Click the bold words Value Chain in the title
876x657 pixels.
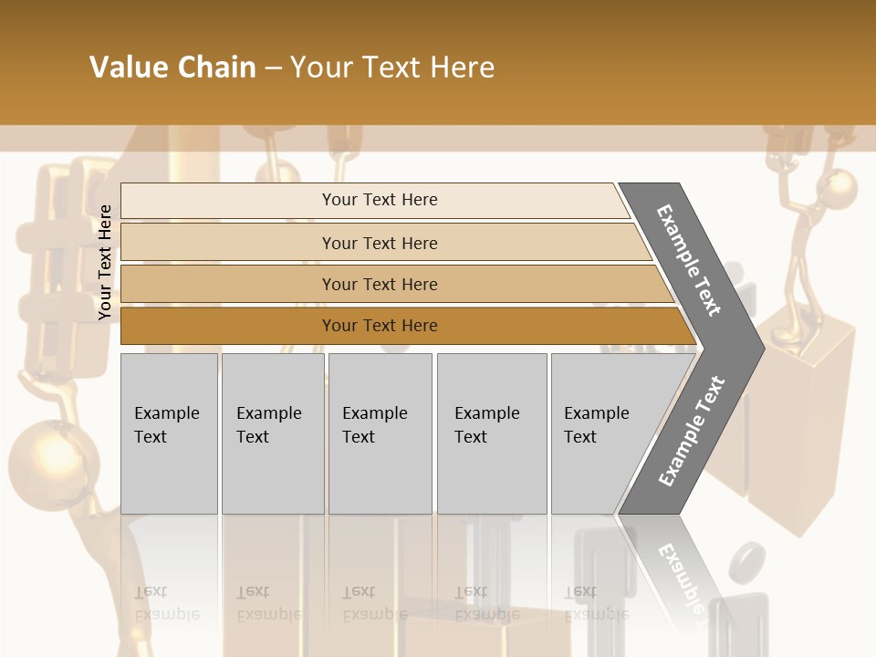172,68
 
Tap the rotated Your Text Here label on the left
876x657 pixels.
105,262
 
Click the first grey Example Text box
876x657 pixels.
169,433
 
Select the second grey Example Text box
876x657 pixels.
272,433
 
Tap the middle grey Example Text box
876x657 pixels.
380,433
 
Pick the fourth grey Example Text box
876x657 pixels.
491,433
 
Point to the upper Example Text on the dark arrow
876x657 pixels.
689,260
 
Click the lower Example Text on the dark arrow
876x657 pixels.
692,431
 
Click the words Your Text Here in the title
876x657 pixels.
392,68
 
